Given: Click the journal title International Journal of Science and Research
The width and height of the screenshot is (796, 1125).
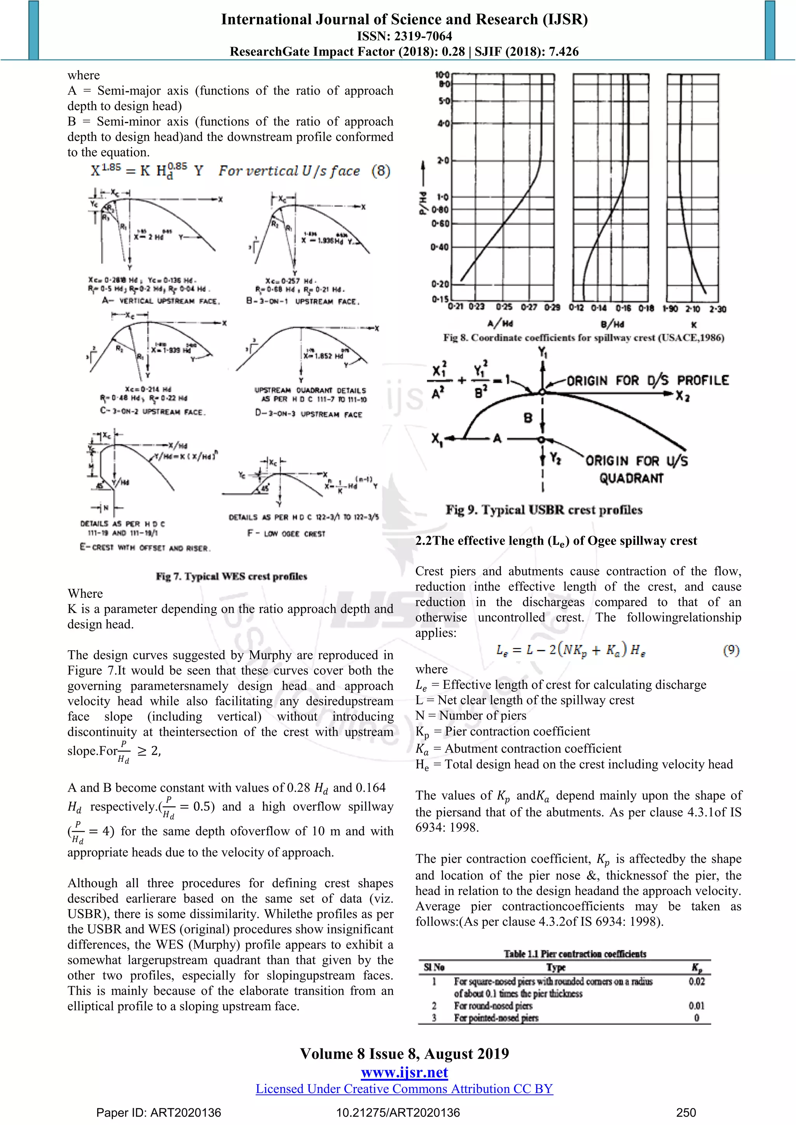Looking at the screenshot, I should click(x=404, y=19).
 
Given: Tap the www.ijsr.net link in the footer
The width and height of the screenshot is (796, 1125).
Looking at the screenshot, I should click(x=404, y=1072).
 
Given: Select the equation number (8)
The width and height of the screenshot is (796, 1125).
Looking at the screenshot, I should click(x=381, y=171).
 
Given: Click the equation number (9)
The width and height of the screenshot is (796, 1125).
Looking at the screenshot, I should click(x=731, y=650).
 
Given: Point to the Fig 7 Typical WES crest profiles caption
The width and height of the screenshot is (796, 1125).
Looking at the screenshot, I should click(x=231, y=576).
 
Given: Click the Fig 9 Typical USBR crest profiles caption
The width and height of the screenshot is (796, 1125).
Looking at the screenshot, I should click(x=544, y=510).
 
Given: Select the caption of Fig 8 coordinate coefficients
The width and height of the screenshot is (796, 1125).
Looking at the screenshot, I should click(x=583, y=338).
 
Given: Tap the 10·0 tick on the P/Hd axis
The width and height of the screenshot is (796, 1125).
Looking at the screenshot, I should click(x=442, y=75).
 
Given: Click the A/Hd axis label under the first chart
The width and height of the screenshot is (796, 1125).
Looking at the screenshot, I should click(x=500, y=323).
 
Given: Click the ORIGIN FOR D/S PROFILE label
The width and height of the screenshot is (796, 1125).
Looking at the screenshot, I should click(x=648, y=380).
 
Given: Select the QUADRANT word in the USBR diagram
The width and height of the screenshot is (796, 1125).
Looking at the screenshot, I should click(x=631, y=478).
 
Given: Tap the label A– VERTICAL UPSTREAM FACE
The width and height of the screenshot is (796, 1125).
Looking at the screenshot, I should click(x=161, y=301).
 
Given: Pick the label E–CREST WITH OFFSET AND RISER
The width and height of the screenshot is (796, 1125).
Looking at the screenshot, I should click(x=145, y=547).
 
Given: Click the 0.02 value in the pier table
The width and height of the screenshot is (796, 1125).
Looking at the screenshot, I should click(x=696, y=981).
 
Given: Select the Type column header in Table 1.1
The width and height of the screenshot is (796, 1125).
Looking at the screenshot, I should click(x=556, y=967).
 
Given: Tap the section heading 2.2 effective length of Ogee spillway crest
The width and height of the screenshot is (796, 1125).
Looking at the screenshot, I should click(x=556, y=541).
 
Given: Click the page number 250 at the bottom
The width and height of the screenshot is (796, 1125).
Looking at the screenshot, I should click(x=686, y=1112).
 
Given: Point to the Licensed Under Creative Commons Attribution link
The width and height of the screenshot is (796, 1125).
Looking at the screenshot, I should click(x=404, y=1089).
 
